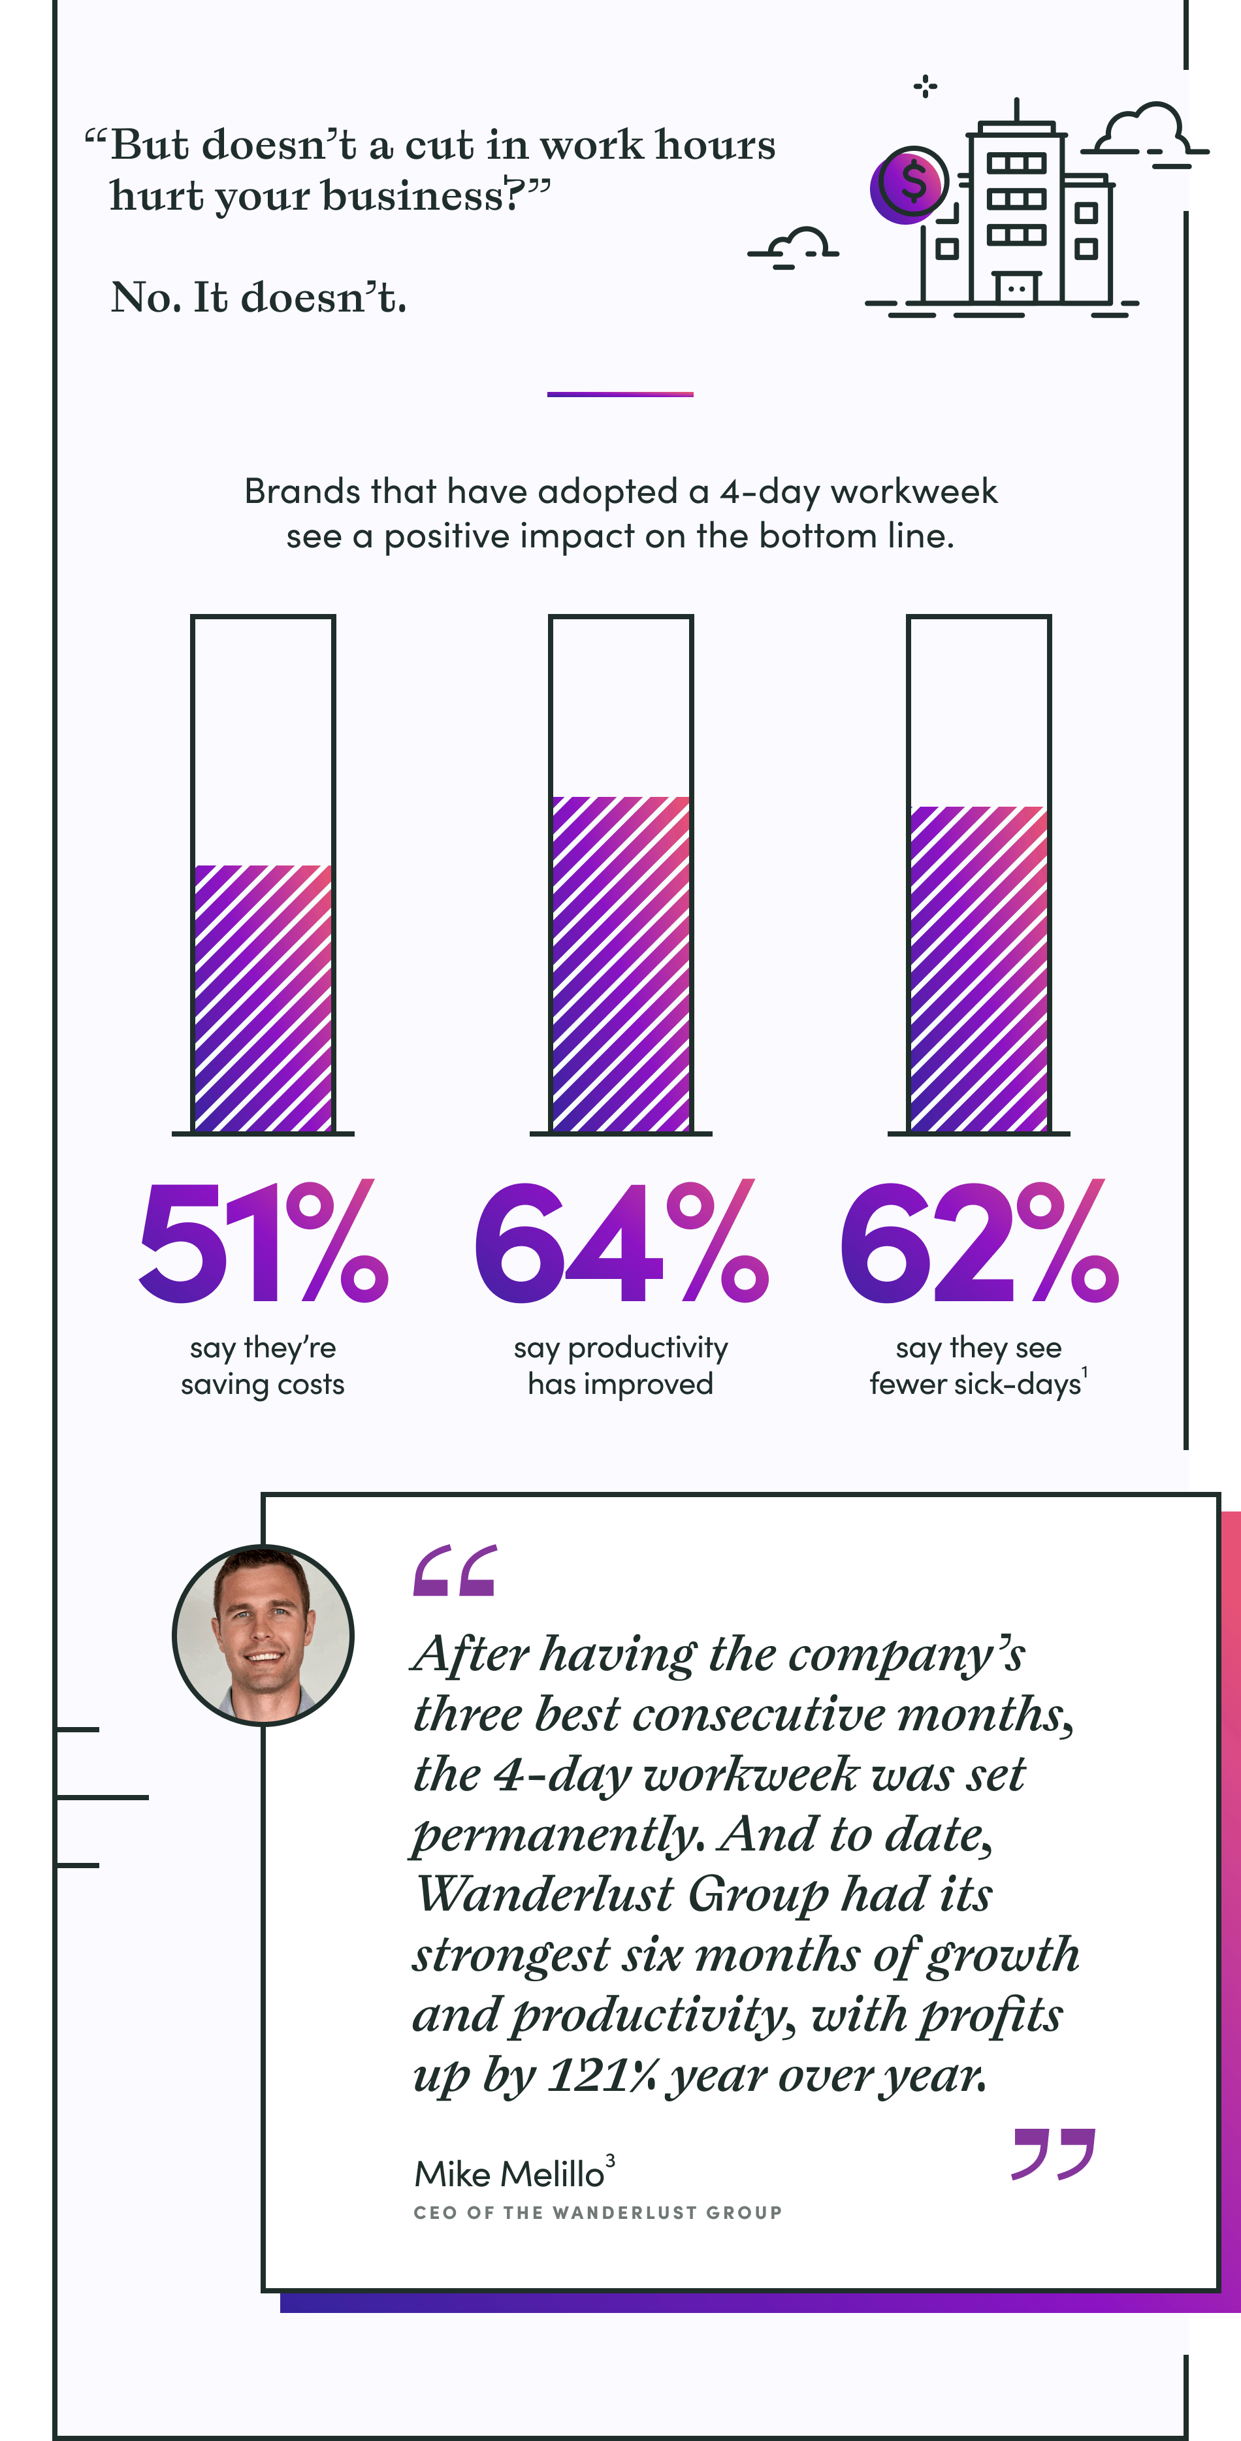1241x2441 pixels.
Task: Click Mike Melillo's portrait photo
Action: pyautogui.click(x=263, y=1634)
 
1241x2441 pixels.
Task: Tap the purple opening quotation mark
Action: pyautogui.click(x=455, y=1570)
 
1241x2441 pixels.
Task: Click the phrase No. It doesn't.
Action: pyautogui.click(x=259, y=298)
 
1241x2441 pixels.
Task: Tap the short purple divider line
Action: pyautogui.click(x=620, y=394)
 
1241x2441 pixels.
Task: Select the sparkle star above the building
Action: pyautogui.click(x=926, y=87)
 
